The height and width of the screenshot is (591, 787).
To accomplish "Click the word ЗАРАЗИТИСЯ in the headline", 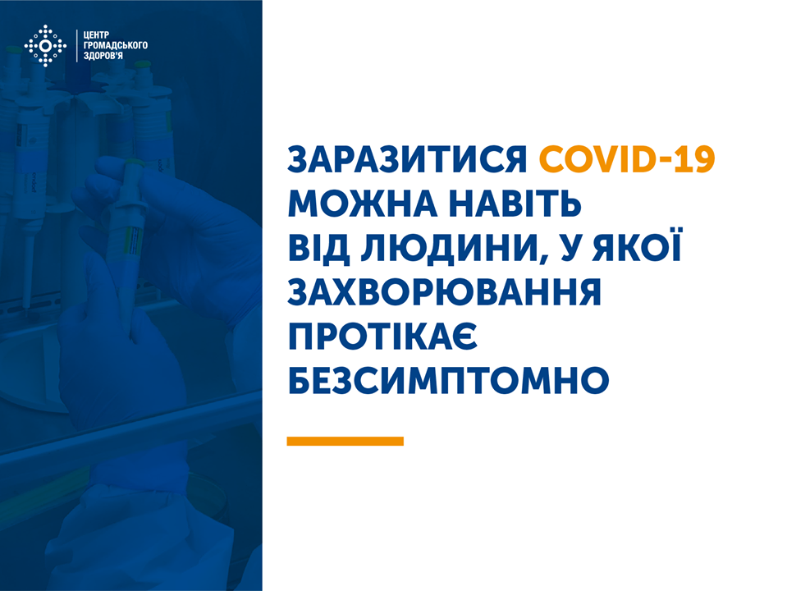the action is [407, 160].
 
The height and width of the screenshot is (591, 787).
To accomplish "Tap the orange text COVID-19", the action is [627, 160].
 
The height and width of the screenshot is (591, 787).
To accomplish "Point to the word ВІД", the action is [318, 248].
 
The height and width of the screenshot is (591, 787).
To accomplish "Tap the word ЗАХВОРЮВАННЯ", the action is [444, 292].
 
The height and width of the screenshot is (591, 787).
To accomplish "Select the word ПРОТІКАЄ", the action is [382, 337].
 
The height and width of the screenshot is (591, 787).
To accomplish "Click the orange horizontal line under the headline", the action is [345, 441].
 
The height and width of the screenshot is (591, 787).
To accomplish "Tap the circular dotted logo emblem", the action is [45, 46].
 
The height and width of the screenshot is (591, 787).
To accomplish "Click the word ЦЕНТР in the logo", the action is [96, 35].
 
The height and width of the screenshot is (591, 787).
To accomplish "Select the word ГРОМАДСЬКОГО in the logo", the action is [116, 45].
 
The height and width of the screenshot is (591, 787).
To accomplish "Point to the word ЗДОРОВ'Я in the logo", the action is [103, 55].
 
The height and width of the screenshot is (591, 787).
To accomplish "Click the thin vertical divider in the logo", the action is [77, 46].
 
